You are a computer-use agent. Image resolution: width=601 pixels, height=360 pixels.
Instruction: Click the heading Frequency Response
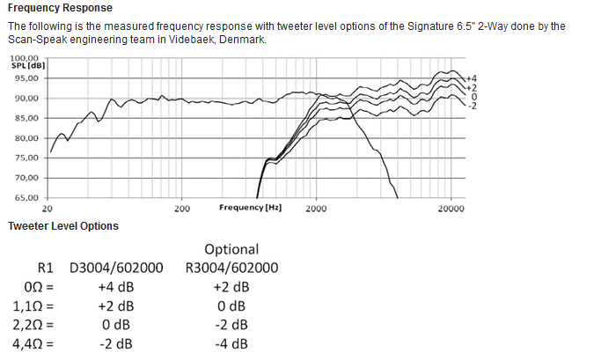coord(60,8)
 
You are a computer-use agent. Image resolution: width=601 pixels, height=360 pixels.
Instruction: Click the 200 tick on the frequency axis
coord(182,209)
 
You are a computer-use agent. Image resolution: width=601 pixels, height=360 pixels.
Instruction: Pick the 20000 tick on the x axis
coord(451,209)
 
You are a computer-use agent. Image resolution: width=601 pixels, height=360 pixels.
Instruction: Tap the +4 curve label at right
coord(471,79)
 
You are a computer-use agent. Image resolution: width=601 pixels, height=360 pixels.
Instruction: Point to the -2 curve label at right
coord(471,106)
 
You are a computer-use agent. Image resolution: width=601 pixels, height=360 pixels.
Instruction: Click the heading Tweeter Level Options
coord(63,226)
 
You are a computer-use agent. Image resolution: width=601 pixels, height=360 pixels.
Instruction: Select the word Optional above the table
coord(231,249)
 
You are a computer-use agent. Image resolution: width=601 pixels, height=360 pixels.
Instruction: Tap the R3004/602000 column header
coord(232,268)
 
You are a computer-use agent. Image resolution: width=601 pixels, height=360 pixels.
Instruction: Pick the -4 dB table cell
coord(231,342)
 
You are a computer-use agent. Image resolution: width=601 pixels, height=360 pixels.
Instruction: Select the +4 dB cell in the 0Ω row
coord(116,287)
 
